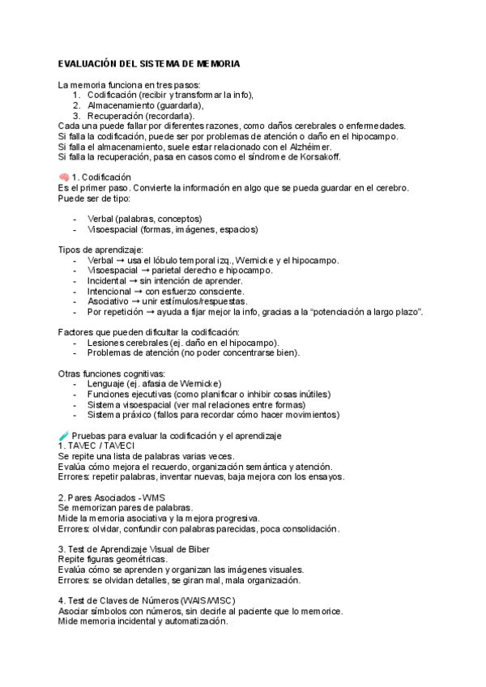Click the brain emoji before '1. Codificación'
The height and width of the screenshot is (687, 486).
coord(63,177)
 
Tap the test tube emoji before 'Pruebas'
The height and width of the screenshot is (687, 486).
coord(63,436)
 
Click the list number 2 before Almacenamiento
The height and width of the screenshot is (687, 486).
coord(76,105)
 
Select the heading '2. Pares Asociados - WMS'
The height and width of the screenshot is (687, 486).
coord(113,497)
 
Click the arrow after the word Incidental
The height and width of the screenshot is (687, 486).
coord(133,280)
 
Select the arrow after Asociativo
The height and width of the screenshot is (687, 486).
coord(134,301)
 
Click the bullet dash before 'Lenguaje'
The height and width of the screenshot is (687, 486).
coord(75,383)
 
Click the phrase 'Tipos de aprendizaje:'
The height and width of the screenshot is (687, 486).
coord(101,250)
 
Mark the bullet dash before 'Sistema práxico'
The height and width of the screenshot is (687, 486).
coord(75,414)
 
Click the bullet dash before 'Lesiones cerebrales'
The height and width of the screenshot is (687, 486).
coord(75,342)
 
